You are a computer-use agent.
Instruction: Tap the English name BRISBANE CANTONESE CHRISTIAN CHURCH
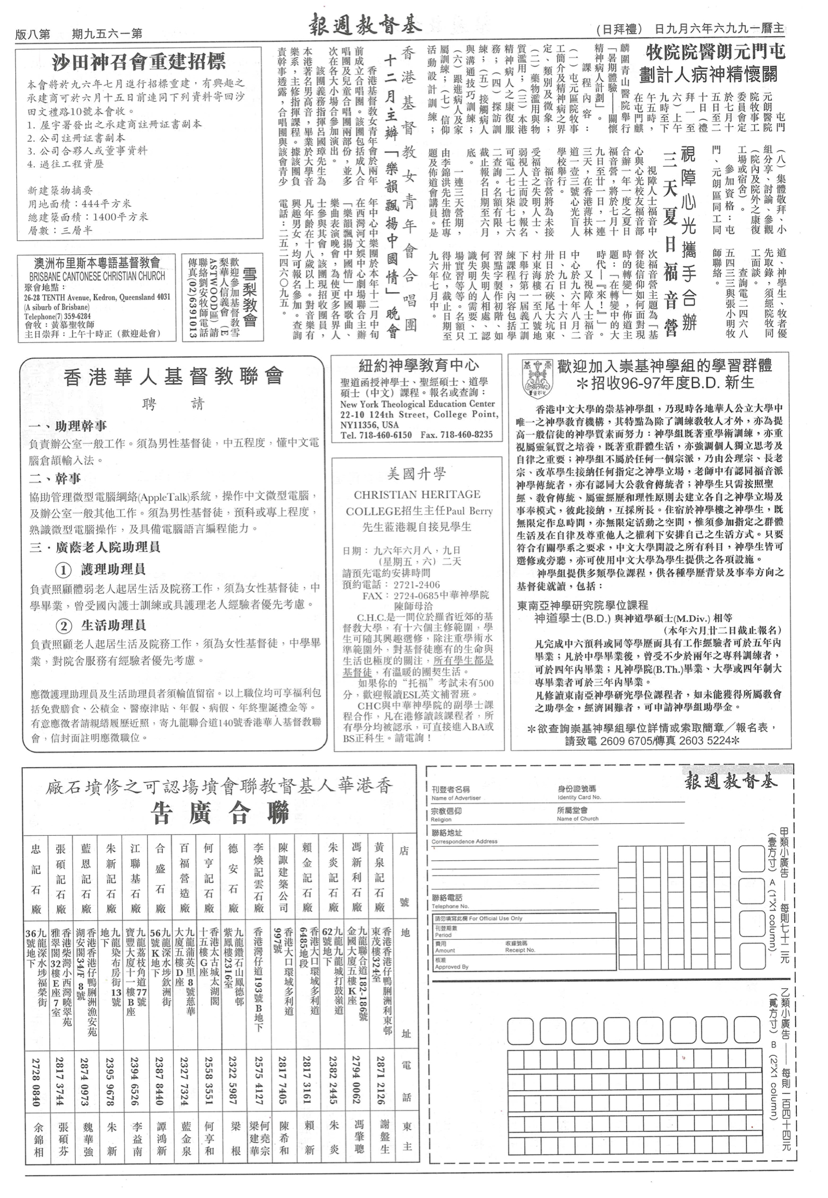[97, 276]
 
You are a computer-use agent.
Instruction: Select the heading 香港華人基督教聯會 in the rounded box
[173, 376]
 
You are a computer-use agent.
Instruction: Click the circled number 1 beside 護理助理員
[64, 570]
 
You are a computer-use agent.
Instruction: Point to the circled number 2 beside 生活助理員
[64, 626]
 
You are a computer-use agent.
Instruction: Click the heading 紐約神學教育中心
[418, 365]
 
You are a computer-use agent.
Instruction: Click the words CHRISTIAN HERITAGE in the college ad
[417, 495]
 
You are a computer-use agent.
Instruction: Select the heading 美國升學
[417, 474]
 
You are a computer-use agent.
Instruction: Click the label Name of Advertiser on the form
[456, 798]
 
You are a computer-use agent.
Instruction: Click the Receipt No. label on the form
[520, 950]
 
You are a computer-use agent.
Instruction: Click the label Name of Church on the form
[577, 818]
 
